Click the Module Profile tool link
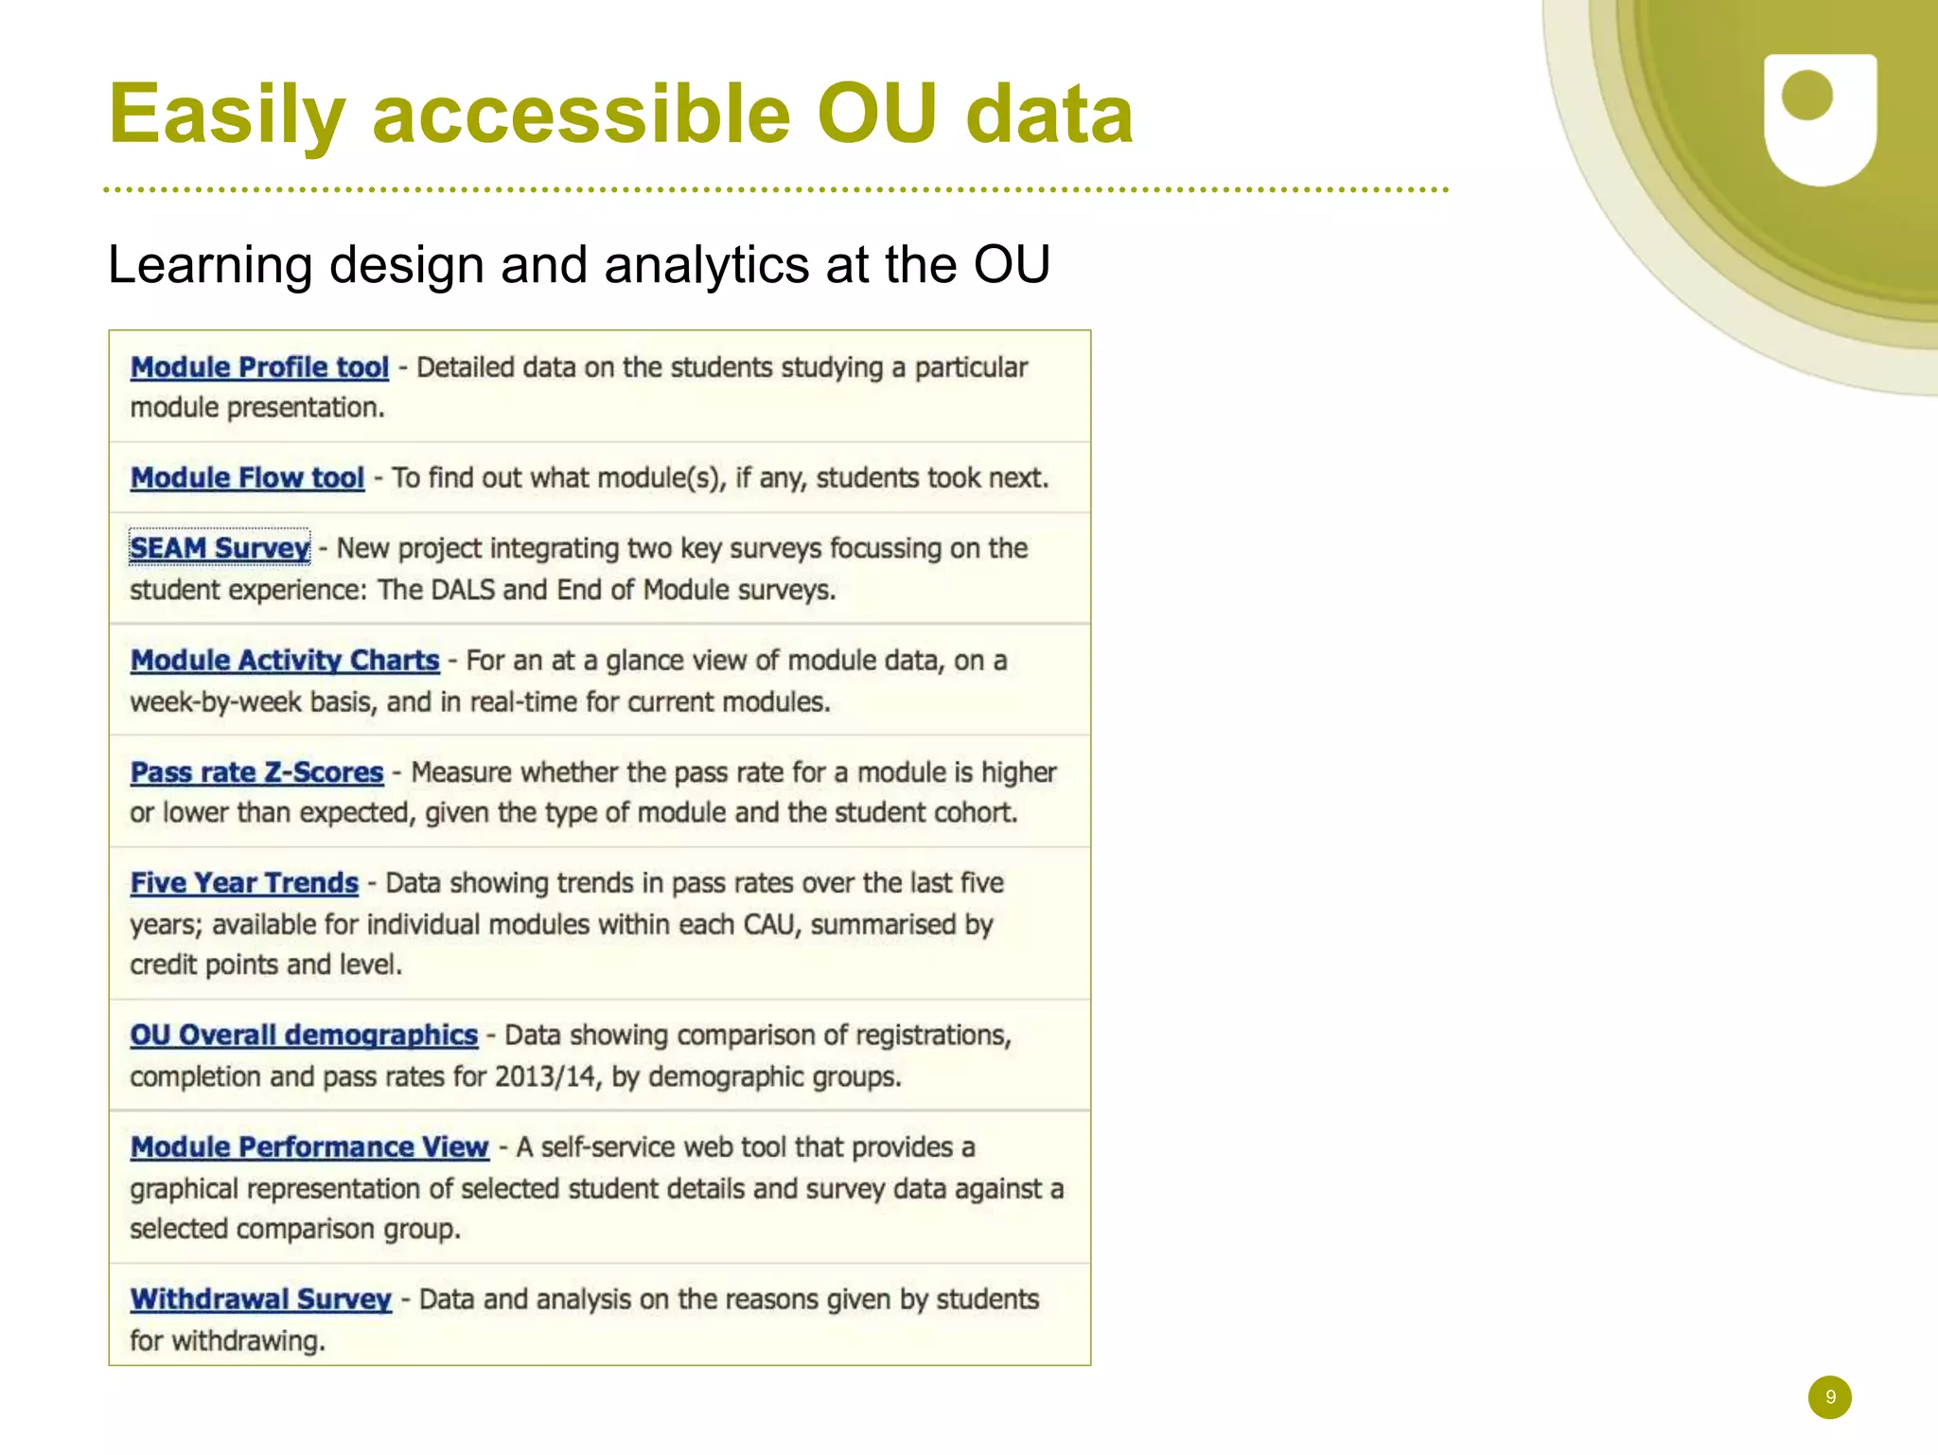click(259, 367)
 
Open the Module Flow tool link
click(247, 478)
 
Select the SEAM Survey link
click(220, 548)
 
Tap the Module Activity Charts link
click(285, 660)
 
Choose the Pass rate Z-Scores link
click(256, 772)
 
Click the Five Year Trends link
click(244, 883)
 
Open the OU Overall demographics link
click(304, 1035)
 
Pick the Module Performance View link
click(309, 1147)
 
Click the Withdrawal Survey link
click(260, 1299)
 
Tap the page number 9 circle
click(1829, 1397)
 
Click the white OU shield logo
click(1820, 118)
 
